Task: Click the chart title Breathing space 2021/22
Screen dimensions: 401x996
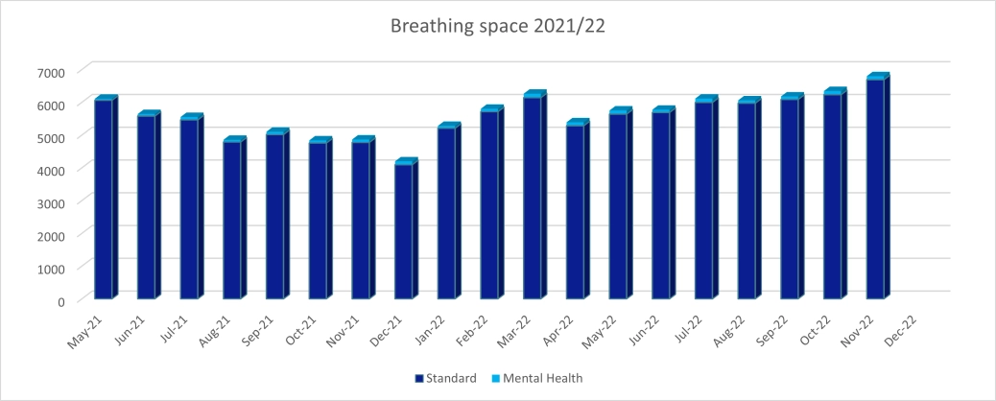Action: (497, 26)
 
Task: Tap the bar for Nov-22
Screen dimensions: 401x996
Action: (876, 189)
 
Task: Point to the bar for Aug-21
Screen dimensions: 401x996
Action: (232, 220)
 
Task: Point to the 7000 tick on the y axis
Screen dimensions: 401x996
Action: (52, 73)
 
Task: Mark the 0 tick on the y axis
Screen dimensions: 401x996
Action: (59, 301)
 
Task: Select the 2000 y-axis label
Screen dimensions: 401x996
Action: (52, 236)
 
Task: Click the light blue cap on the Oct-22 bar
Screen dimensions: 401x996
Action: (834, 92)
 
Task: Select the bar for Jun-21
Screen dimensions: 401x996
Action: (147, 207)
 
